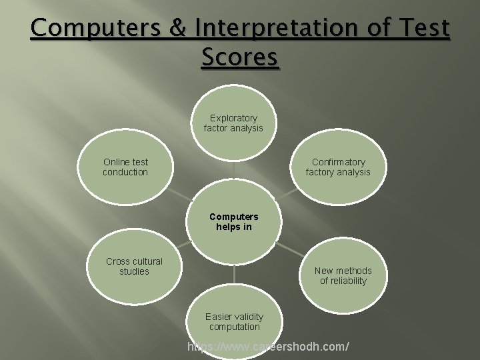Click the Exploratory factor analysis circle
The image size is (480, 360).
233,123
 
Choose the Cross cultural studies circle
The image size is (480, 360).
134,266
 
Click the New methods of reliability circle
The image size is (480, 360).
343,275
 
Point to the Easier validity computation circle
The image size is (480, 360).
234,321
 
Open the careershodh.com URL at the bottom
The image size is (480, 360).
268,347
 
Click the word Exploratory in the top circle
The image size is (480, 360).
233,118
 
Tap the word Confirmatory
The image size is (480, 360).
339,162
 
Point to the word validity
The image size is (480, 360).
247,317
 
